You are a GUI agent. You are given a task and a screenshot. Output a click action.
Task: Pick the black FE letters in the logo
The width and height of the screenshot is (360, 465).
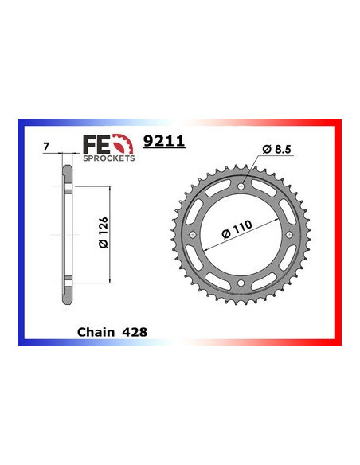pos(94,144)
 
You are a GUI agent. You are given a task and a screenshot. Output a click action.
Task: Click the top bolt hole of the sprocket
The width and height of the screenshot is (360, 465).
pos(241,187)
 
